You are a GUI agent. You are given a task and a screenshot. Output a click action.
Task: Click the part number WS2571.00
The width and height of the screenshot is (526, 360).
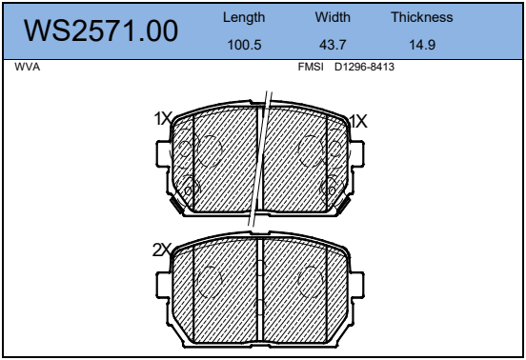click(101, 30)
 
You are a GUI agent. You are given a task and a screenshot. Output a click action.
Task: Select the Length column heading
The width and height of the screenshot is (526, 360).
click(244, 17)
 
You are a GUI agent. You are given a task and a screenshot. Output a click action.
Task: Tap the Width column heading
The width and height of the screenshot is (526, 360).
click(333, 17)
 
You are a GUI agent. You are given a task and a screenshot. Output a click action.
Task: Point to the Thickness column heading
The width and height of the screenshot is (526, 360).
click(422, 17)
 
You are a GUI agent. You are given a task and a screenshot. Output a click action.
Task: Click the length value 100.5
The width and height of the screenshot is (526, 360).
click(244, 45)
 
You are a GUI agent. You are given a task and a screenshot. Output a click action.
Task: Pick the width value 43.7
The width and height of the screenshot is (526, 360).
click(333, 45)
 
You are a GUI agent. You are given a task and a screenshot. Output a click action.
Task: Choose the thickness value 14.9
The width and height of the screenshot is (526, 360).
click(422, 45)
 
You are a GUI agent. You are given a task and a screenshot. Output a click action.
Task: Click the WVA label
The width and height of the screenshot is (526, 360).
click(28, 67)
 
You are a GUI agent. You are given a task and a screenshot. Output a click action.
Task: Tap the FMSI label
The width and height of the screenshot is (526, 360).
click(311, 67)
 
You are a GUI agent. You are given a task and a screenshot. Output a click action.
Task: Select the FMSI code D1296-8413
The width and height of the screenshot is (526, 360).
click(364, 67)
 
